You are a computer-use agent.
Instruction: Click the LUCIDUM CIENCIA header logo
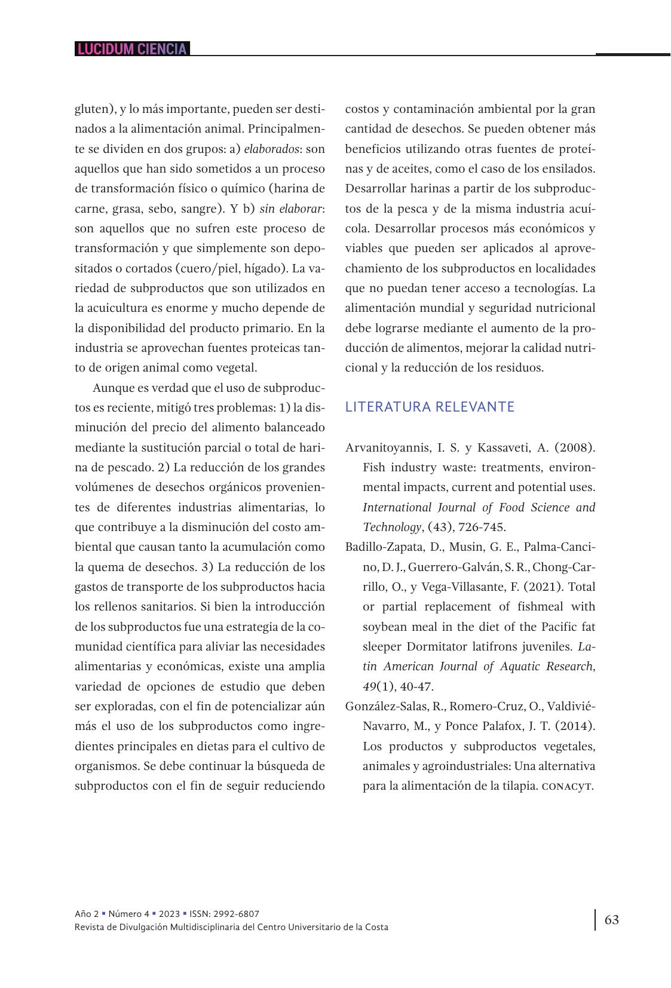point(132,49)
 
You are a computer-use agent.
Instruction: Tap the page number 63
point(612,919)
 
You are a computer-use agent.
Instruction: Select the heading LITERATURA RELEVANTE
point(430,407)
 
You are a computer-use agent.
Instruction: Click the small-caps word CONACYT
point(567,786)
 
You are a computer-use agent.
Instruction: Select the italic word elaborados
point(271,149)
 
